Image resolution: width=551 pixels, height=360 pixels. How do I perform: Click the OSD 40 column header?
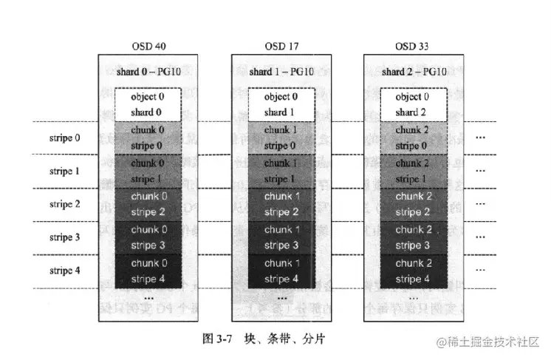pyautogui.click(x=148, y=47)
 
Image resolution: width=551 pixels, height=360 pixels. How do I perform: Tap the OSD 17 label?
pyautogui.click(x=281, y=47)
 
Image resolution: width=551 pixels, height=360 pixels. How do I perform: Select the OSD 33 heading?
pyautogui.click(x=414, y=47)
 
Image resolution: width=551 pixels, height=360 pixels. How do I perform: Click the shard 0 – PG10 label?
pyautogui.click(x=148, y=72)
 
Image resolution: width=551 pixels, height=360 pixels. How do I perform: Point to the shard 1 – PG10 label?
pyautogui.click(x=281, y=72)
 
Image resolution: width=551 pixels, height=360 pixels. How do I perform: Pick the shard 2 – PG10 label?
pyautogui.click(x=414, y=72)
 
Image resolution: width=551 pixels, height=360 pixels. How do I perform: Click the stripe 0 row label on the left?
pyautogui.click(x=64, y=138)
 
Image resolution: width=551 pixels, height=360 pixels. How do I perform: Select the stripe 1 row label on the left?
pyautogui.click(x=64, y=171)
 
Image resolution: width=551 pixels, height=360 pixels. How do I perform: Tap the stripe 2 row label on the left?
pyautogui.click(x=64, y=205)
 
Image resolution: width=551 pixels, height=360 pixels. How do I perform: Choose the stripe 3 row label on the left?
pyautogui.click(x=64, y=238)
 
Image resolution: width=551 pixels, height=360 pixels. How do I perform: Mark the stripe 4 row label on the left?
pyautogui.click(x=64, y=271)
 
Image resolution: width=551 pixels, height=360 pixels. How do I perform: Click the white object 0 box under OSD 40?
pyautogui.click(x=148, y=104)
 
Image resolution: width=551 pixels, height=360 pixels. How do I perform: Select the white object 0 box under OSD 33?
pyautogui.click(x=414, y=104)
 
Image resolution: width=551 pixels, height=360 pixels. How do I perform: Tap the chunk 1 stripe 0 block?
pyautogui.click(x=281, y=137)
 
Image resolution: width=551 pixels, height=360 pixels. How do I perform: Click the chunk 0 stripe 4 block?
pyautogui.click(x=148, y=271)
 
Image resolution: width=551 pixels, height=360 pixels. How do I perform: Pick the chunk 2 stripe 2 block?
pyautogui.click(x=414, y=204)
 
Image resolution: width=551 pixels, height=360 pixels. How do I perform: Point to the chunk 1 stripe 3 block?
pyautogui.click(x=281, y=237)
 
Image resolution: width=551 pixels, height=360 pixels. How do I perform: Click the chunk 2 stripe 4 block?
pyautogui.click(x=414, y=271)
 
